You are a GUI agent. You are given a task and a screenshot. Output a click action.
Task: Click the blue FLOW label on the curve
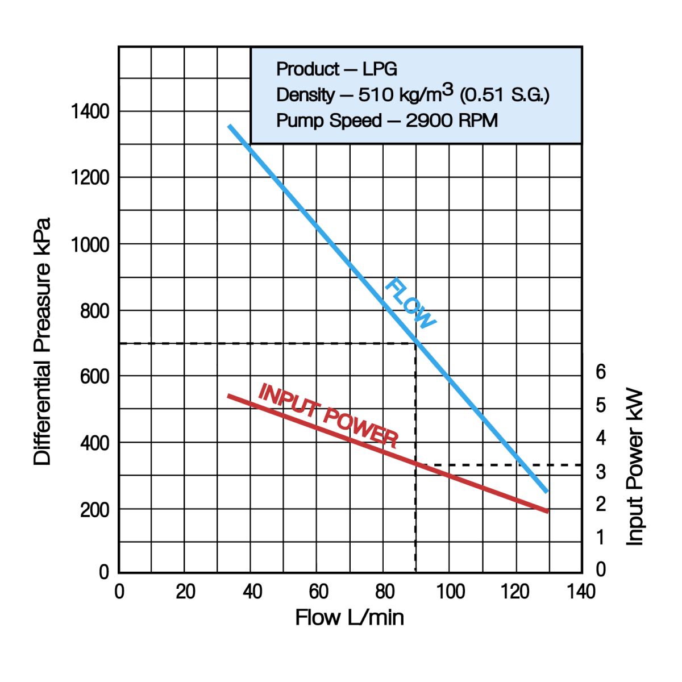pos(410,303)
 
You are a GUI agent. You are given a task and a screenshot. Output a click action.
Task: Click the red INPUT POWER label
pos(328,415)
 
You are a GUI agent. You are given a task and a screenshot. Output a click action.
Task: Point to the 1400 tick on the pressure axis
pos(90,111)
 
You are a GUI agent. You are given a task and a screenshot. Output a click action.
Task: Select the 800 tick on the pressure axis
pos(94,311)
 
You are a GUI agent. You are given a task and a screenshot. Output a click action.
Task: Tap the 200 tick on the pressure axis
pos(94,510)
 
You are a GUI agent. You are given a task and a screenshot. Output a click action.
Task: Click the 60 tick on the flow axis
pos(318,592)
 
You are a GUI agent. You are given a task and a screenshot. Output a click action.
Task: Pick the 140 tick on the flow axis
pos(581,592)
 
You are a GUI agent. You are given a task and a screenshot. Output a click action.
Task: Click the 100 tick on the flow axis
pos(450,592)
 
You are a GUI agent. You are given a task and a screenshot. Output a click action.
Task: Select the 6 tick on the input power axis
pos(601,372)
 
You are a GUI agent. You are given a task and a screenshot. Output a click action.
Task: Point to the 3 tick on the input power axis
pos(601,471)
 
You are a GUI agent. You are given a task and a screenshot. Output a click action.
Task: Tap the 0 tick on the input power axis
pos(601,569)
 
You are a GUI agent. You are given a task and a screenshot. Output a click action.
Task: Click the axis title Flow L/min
pos(350,618)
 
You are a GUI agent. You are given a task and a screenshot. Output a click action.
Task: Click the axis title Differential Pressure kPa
pos(43,341)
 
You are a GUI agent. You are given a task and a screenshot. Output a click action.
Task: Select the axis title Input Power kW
pos(634,467)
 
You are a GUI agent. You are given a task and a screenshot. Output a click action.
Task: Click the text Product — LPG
pos(336,69)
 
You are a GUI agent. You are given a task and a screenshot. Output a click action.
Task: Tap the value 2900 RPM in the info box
pos(452,120)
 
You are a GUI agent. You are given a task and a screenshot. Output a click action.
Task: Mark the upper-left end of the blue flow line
pos(230,126)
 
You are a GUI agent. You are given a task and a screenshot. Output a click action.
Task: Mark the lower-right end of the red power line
pos(547,511)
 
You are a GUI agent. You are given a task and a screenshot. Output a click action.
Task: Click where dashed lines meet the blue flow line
pos(415,343)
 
